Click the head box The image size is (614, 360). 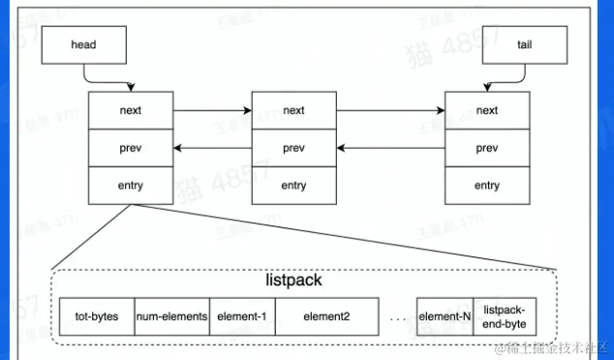click(84, 45)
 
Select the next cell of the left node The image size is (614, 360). click(131, 110)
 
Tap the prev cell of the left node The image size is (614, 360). click(131, 148)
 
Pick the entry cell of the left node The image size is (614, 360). click(131, 185)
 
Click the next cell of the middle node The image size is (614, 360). click(293, 110)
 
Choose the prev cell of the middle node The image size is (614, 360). click(293, 148)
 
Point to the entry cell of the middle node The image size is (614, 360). click(293, 185)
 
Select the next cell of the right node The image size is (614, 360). click(487, 110)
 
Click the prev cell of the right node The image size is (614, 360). click(487, 148)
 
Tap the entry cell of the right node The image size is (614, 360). click(487, 185)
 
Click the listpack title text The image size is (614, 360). click(293, 280)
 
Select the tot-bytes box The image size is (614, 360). click(96, 315)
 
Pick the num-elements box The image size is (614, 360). click(170, 315)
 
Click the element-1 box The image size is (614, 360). click(242, 315)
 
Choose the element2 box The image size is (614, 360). click(326, 315)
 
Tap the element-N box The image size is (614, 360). click(445, 315)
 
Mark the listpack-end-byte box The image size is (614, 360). click(504, 315)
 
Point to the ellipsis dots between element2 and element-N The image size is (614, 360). click(397, 316)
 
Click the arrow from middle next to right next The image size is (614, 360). click(389, 110)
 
